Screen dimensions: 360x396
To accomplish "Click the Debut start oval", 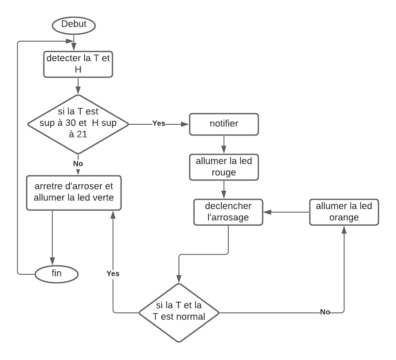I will (x=74, y=25).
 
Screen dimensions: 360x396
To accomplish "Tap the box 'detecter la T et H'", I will (x=78, y=65).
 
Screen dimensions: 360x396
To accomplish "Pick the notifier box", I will (x=224, y=125).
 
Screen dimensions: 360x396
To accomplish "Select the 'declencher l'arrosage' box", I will (x=228, y=212).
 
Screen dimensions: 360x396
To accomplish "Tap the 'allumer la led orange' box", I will (x=344, y=212).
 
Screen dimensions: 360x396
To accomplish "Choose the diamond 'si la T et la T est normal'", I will (x=179, y=312).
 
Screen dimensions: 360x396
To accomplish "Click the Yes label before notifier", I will (x=158, y=123).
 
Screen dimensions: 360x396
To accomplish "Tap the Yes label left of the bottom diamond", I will (x=113, y=273).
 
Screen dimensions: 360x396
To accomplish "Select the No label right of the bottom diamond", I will (x=325, y=312).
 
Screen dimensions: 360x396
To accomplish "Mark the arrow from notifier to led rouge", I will (x=224, y=145).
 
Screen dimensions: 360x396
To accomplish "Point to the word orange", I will (x=344, y=217).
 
